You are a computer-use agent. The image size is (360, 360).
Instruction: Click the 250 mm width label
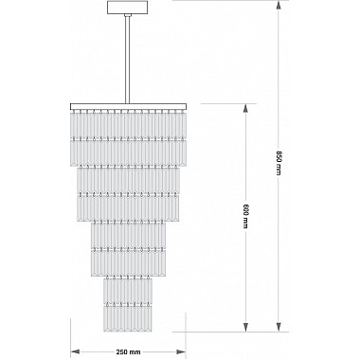coord(128,351)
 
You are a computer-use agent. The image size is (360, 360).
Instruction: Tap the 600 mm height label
coord(245,215)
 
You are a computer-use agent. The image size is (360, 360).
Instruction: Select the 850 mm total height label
coord(279,163)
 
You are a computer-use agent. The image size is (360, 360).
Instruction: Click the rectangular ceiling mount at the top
coord(128,8)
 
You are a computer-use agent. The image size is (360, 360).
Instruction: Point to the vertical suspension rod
coord(128,60)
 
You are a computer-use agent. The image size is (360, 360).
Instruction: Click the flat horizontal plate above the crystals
coord(128,106)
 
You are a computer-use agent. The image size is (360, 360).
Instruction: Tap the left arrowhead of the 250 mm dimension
coord(75,351)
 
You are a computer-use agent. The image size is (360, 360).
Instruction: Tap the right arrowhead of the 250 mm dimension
coord(181,351)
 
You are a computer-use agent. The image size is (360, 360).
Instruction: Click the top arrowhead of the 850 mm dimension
coord(279,6)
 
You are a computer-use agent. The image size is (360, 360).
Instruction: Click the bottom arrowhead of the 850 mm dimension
coord(279,327)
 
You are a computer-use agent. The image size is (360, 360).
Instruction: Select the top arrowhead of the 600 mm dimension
coord(245,108)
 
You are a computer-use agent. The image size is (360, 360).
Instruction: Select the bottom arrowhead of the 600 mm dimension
coord(245,327)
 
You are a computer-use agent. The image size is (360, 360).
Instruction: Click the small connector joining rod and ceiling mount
coord(128,15)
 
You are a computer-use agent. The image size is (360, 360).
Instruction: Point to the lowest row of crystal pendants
coord(128,318)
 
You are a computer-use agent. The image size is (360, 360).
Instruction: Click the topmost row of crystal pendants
coord(128,124)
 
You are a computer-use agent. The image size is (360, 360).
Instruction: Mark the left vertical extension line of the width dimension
coord(70,338)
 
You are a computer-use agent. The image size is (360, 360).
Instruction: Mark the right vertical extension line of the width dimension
coord(186,338)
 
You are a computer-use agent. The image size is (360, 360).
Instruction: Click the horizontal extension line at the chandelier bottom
coord(230,332)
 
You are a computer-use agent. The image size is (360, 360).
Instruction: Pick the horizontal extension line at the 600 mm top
coord(228,103)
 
